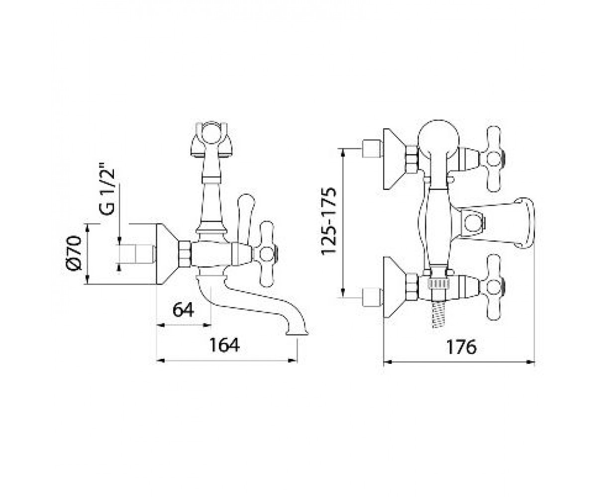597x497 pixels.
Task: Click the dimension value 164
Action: (224, 345)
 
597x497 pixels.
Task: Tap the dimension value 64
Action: (183, 309)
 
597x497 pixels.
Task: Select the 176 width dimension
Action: (462, 347)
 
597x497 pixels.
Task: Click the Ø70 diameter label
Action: (74, 253)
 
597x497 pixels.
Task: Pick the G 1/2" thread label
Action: (107, 191)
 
